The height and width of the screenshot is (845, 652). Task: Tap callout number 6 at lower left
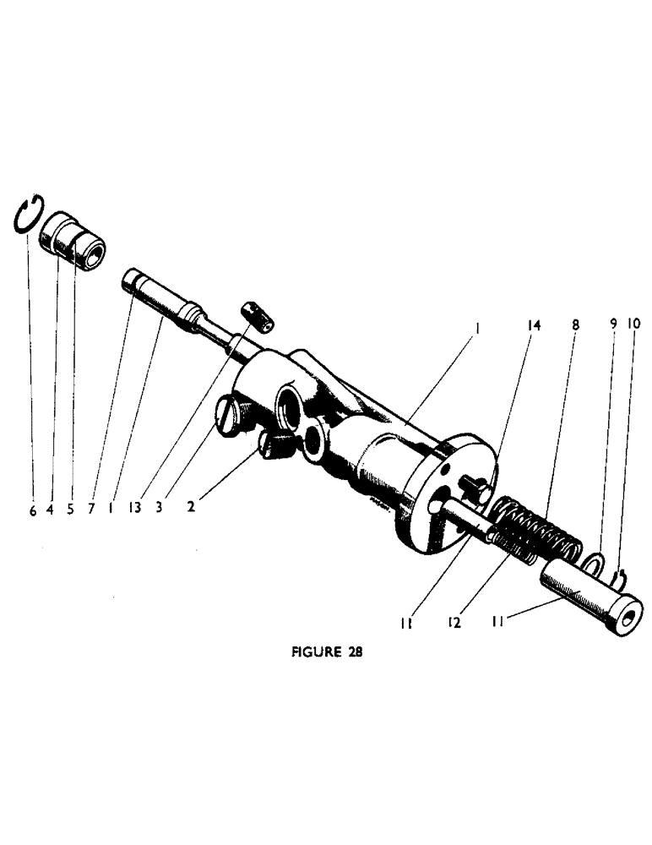tap(33, 511)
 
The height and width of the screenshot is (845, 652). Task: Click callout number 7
tap(90, 511)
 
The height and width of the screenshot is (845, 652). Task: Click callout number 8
tap(576, 324)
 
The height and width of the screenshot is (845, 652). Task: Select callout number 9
tap(614, 324)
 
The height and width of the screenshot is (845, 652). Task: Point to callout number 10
tap(634, 324)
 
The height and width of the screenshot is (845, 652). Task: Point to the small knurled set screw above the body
tap(255, 317)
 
